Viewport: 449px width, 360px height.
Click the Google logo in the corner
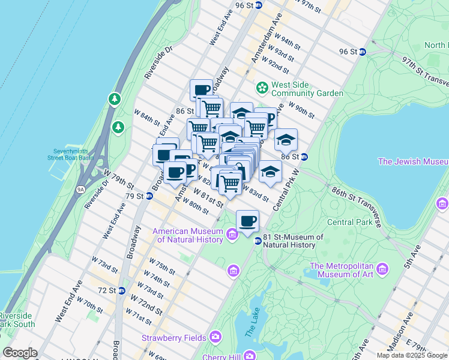[20, 353]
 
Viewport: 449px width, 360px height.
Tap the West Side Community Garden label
[307, 89]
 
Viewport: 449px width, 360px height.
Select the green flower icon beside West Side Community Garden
[262, 88]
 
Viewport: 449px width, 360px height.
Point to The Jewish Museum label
[413, 161]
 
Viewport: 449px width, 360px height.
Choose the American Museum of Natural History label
[188, 235]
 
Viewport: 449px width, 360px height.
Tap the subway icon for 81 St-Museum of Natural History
[258, 241]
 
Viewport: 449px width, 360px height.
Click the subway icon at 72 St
[121, 290]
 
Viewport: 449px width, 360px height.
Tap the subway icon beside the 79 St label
[148, 196]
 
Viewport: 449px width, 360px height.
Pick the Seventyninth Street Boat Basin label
[73, 154]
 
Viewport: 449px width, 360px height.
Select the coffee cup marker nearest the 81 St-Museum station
[247, 221]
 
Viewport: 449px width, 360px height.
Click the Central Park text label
[348, 222]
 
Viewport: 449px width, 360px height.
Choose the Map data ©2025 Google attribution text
[411, 355]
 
